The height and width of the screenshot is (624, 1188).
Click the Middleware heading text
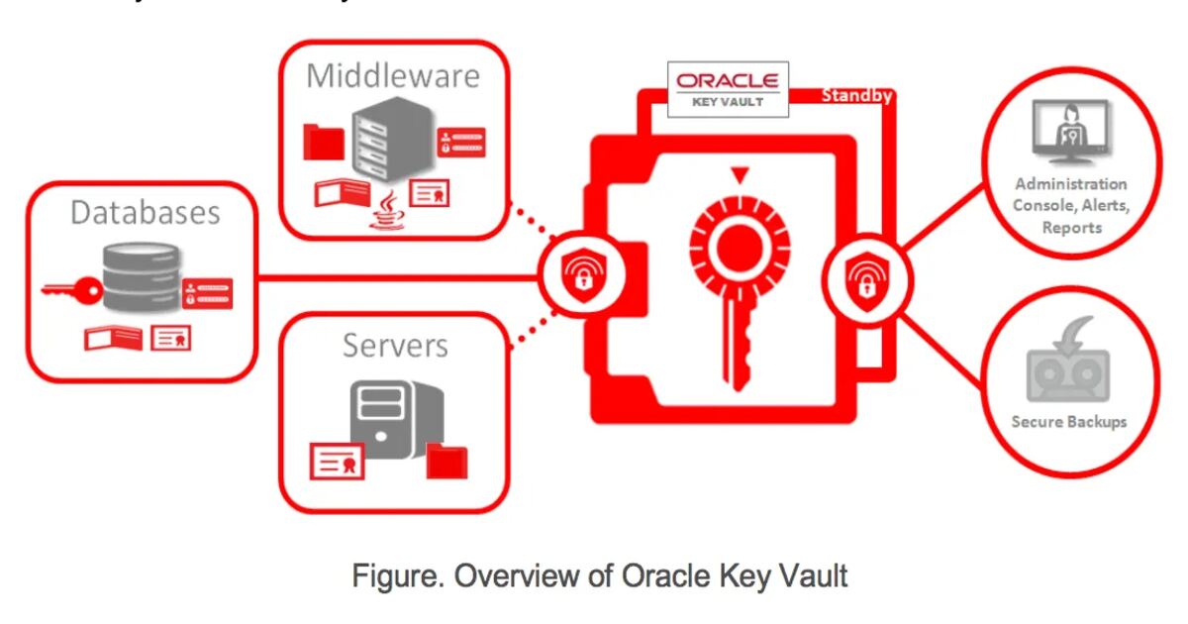click(393, 76)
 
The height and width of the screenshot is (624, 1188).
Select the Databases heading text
click(145, 212)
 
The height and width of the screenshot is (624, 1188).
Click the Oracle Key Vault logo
click(728, 87)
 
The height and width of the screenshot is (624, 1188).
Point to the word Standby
click(857, 96)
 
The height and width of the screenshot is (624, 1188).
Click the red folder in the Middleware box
click(323, 144)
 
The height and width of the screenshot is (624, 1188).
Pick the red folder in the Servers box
click(446, 462)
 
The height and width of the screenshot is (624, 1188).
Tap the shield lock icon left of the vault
click(578, 276)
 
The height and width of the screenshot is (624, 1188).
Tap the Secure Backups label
click(1069, 422)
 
